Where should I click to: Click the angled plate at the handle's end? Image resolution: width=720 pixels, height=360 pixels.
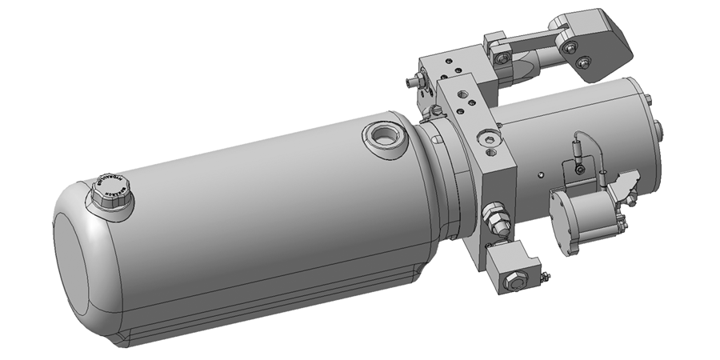coord(596,44)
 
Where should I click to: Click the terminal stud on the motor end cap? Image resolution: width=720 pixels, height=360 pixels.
coord(658,128)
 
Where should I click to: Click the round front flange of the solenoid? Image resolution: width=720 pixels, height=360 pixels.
coord(564,224)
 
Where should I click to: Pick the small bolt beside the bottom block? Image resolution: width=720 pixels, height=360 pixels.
coord(545,278)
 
